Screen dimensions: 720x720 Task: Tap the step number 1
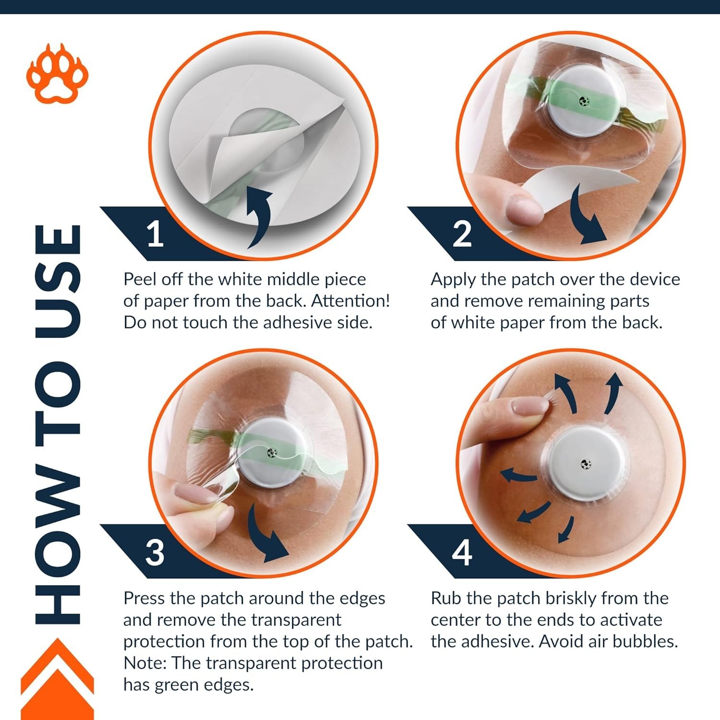pyautogui.click(x=155, y=234)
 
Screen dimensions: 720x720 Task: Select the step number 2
pyautogui.click(x=462, y=234)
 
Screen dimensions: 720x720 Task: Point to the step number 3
pyautogui.click(x=155, y=552)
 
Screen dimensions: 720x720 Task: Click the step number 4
pyautogui.click(x=462, y=552)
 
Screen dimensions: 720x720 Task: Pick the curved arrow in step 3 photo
pyautogui.click(x=267, y=533)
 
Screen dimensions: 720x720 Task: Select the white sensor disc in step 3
pyautogui.click(x=272, y=453)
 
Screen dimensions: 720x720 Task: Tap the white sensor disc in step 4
pyautogui.click(x=586, y=464)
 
